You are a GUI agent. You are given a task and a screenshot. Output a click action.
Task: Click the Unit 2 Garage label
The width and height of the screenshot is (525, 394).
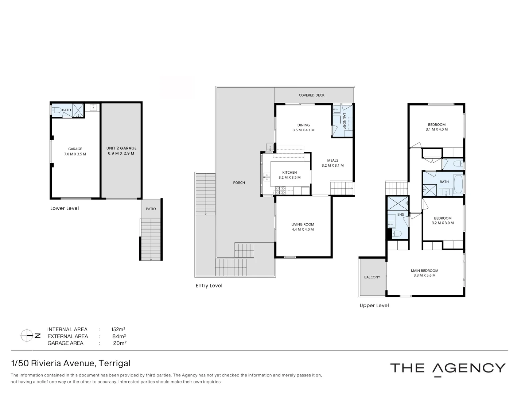coord(121,148)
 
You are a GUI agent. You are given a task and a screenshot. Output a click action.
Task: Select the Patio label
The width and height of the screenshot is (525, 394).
coord(151,209)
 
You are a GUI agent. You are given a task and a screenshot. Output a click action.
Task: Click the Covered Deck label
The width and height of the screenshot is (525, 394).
coord(311,95)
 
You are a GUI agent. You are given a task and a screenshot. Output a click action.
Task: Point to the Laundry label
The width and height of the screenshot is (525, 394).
coord(344,121)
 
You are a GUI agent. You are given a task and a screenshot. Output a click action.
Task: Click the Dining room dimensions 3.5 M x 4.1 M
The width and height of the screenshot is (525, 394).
coord(303,130)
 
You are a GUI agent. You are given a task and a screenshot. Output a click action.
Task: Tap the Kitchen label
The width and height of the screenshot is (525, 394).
coord(289,173)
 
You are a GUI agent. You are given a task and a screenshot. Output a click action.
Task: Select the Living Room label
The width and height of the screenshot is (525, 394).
coord(302,225)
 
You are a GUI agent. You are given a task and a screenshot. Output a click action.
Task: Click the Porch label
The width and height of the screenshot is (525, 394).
coord(239,183)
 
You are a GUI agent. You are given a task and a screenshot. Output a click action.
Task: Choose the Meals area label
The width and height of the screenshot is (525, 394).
coord(332,161)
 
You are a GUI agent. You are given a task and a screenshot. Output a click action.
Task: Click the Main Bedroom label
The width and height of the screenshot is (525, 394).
coord(424,271)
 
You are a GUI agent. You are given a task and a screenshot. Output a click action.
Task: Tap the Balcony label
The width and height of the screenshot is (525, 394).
coord(372,277)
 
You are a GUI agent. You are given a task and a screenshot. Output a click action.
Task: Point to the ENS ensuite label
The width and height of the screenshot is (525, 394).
coord(400,215)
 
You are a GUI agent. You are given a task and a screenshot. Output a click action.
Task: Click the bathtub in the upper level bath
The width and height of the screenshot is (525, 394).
coord(458,184)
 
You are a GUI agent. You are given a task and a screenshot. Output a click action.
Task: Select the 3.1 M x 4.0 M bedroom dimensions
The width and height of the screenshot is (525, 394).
coord(436,130)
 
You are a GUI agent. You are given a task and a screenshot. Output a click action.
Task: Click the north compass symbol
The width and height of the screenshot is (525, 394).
coord(28,336)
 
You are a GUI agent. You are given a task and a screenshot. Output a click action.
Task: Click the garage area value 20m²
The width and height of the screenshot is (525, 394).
coord(120,343)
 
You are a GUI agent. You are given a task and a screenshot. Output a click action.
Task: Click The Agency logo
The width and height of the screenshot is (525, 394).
coord(448,368)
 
